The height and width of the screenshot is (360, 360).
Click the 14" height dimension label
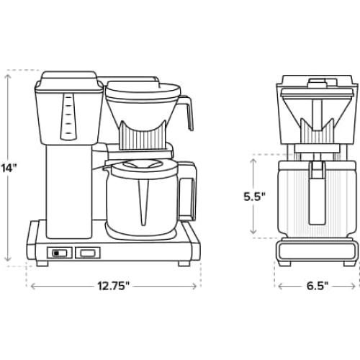[x=9, y=168]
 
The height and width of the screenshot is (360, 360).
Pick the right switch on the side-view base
[x=87, y=253]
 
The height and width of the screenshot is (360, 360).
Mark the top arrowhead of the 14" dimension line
[x=9, y=72]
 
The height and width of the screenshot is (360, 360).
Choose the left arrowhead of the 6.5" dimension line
[x=278, y=286]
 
